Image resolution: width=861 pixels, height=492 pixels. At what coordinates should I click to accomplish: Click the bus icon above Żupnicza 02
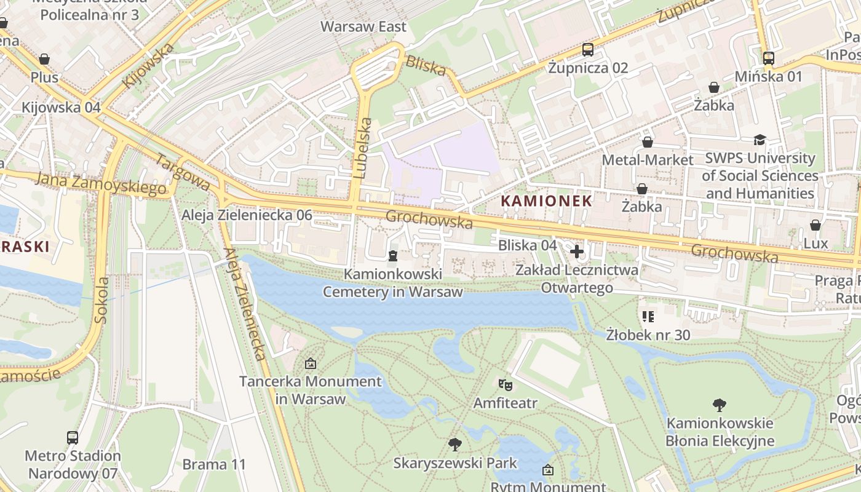[x=588, y=50]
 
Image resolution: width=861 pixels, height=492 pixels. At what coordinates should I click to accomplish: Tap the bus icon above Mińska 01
[x=768, y=58]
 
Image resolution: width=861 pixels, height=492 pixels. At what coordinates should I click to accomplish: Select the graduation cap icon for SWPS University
[x=760, y=140]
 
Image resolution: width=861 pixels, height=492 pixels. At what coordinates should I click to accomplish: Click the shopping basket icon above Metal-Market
[x=648, y=142]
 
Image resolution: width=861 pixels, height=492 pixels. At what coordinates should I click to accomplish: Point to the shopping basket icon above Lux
[x=815, y=225]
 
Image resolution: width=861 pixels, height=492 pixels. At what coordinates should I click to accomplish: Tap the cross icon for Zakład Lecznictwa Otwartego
[x=577, y=251]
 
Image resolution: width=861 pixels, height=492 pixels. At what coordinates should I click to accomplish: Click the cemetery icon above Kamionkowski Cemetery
[x=393, y=255]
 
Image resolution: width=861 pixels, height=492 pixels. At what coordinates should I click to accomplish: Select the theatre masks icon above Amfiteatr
[x=505, y=385]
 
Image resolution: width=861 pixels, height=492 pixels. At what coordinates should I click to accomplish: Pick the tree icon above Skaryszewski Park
[x=455, y=444]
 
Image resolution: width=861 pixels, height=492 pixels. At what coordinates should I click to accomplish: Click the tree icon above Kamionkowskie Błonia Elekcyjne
[x=719, y=405]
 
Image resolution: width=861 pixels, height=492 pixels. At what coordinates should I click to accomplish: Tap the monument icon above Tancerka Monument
[x=311, y=363]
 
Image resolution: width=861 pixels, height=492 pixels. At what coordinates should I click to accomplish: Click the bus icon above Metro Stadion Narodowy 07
[x=73, y=438]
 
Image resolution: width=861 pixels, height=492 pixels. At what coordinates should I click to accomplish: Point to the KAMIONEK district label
[x=547, y=200]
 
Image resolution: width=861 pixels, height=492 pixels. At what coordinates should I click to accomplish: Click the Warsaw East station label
[x=363, y=26]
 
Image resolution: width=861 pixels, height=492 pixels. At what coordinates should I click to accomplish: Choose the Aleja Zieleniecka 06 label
[x=247, y=215]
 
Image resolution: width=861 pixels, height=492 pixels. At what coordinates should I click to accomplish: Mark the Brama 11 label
[x=214, y=464]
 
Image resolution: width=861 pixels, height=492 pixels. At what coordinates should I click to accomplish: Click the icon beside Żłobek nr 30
[x=648, y=317]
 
